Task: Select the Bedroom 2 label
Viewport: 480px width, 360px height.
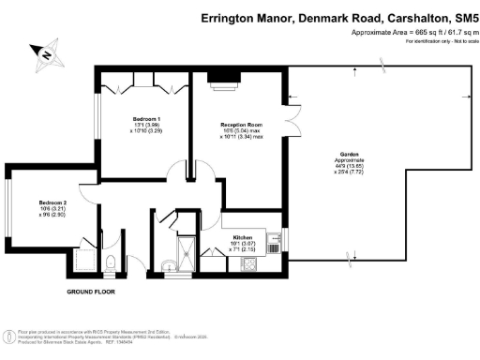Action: [x=53, y=202]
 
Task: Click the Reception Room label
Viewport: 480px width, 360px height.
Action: [x=238, y=124]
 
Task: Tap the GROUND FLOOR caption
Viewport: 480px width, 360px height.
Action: [x=91, y=292]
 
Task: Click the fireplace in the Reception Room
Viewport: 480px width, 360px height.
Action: [x=223, y=82]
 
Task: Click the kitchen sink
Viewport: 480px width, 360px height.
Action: [x=274, y=246]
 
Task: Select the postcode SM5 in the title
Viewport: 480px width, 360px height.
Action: [x=457, y=16]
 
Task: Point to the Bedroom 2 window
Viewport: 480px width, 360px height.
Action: [x=8, y=208]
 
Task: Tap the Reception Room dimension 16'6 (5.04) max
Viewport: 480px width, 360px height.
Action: [x=238, y=130]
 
